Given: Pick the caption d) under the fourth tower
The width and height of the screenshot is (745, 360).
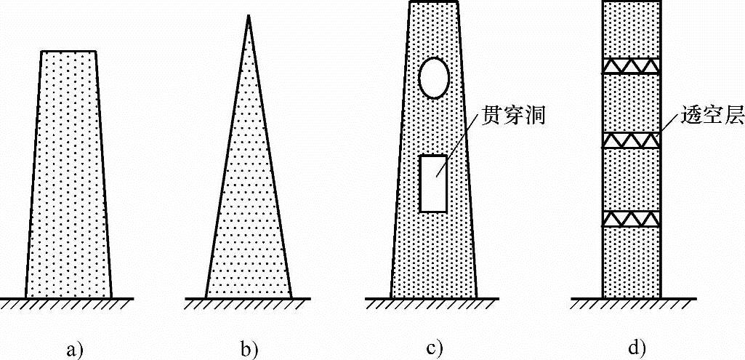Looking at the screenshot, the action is coord(637,348).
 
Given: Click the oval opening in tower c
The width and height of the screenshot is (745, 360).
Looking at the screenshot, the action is coord(435,77).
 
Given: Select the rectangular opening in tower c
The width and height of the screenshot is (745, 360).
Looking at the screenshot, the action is coord(434,183).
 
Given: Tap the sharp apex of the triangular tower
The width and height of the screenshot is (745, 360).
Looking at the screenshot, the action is coord(248,17).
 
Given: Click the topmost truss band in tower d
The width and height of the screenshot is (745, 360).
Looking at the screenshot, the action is coord(631,66).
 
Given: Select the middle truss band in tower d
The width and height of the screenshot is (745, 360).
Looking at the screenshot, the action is coord(631,140).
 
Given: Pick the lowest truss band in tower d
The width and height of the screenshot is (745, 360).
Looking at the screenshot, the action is coord(631,219).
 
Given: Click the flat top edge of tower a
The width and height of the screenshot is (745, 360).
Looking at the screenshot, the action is coord(69,51).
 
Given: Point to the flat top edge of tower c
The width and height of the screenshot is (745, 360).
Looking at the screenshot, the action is coord(434,2).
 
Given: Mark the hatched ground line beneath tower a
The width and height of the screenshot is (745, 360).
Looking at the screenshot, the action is coord(69,300).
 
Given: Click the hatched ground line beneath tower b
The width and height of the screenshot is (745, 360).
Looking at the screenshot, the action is coord(248,300).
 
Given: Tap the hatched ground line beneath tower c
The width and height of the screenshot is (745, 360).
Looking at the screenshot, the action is coord(434,300).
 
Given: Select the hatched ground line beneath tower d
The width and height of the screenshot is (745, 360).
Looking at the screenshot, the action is coord(631,300).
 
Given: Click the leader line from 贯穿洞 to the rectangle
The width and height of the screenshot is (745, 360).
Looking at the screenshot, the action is coord(458,149).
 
